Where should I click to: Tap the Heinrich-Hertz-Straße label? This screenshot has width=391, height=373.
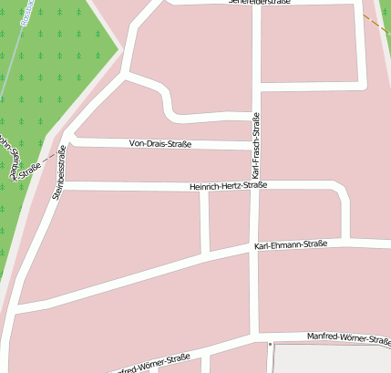(x=228, y=186)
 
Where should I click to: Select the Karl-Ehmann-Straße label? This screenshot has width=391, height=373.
(x=290, y=244)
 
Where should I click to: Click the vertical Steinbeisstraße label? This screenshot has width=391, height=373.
(x=60, y=171)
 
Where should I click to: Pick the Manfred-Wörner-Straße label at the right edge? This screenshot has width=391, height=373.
(x=350, y=337)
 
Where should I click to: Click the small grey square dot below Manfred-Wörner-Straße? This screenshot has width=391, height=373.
(x=271, y=344)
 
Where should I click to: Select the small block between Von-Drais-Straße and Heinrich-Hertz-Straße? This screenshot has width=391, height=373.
(x=155, y=165)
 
